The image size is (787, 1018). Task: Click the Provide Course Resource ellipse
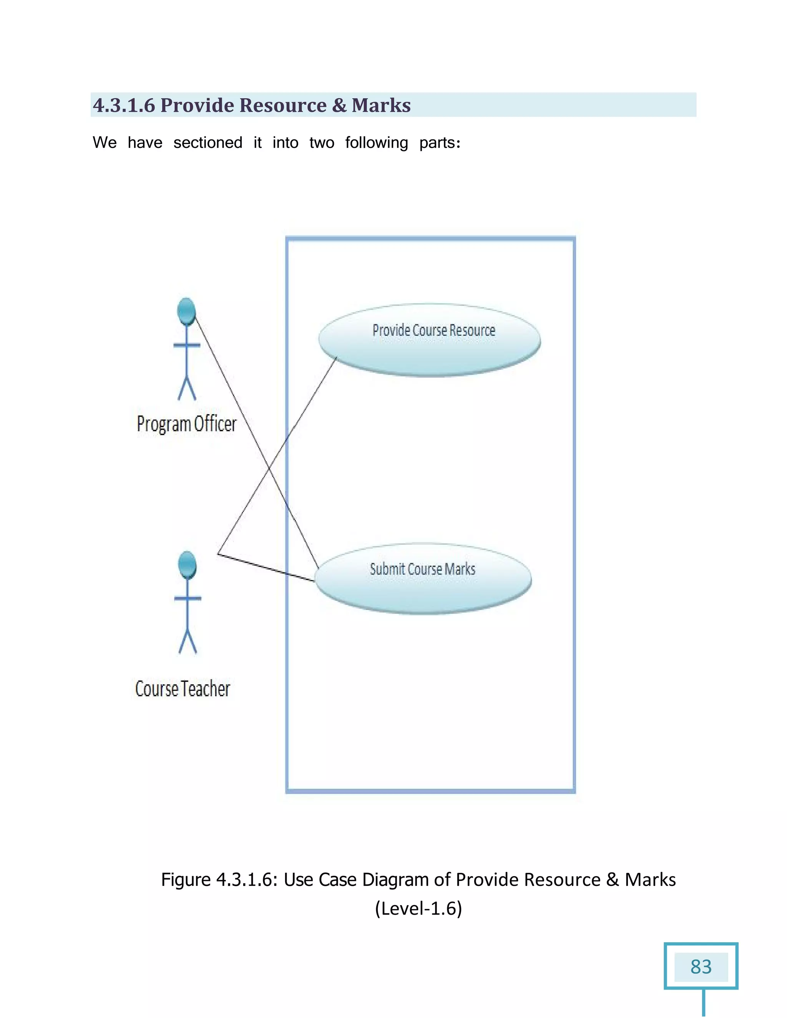(429, 340)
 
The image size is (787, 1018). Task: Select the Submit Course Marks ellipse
(423, 579)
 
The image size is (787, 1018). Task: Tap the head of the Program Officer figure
(186, 311)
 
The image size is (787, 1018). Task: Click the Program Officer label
(186, 424)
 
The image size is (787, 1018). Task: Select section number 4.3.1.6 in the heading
(124, 105)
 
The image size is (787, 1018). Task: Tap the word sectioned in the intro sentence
(208, 143)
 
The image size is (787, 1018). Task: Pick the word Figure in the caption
(186, 880)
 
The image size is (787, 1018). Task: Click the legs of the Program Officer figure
(187, 388)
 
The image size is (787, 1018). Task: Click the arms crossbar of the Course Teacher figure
(188, 598)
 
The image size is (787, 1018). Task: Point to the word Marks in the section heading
(381, 105)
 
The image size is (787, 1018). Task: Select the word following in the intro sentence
(376, 143)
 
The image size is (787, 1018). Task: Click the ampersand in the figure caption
(612, 880)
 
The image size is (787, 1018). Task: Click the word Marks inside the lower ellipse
(460, 569)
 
